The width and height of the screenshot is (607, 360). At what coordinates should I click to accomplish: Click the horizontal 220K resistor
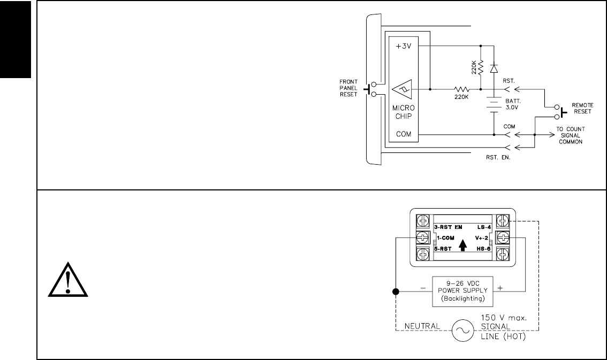click(461, 89)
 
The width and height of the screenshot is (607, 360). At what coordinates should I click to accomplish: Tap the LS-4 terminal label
click(483, 227)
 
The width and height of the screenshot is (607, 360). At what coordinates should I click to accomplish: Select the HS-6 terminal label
click(483, 248)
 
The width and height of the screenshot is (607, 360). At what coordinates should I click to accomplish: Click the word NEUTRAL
click(422, 326)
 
